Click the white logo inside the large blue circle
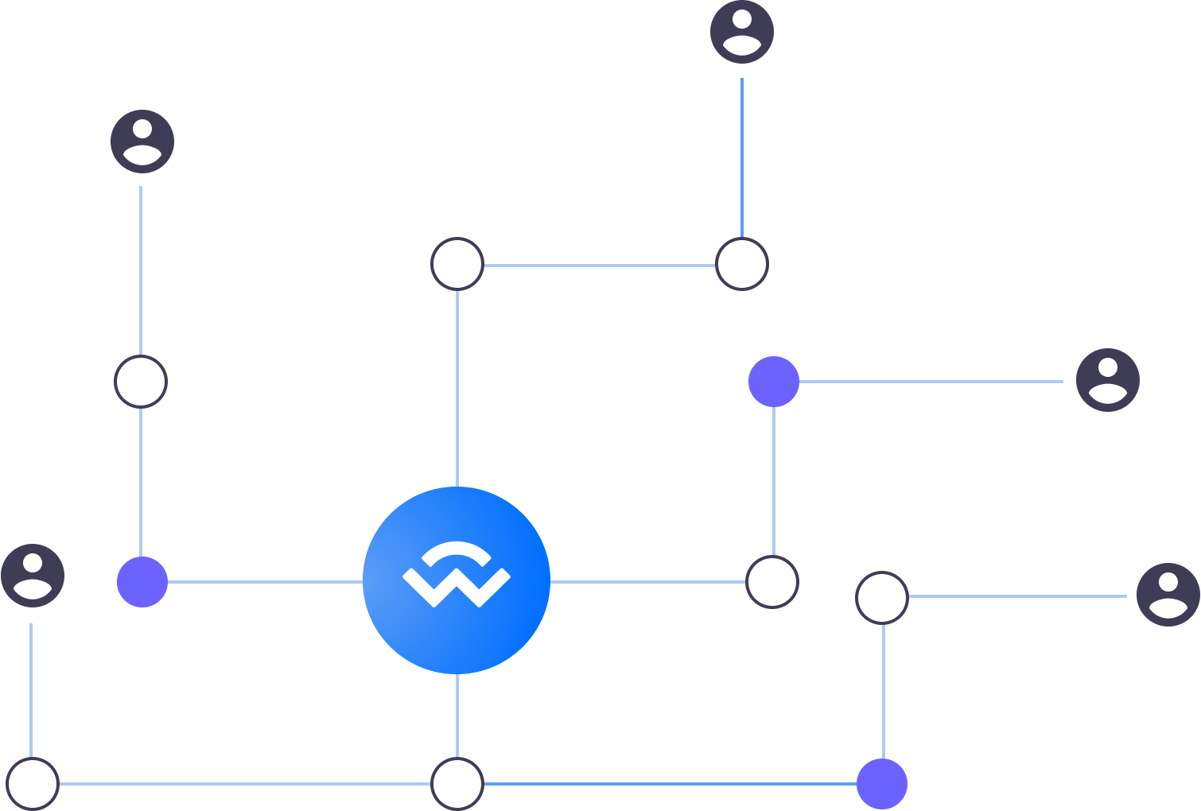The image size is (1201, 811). click(457, 574)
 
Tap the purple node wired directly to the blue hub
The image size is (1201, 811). click(142, 582)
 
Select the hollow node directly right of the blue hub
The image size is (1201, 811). click(772, 582)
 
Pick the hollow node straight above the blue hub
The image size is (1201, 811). click(457, 264)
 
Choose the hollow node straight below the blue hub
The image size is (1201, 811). click(457, 784)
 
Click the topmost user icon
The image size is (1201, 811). click(742, 32)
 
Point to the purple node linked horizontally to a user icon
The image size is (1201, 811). click(774, 382)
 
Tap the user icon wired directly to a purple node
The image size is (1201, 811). click(1107, 380)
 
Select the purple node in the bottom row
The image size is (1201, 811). click(882, 784)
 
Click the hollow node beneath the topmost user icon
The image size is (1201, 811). click(742, 264)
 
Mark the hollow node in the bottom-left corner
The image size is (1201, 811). click(33, 784)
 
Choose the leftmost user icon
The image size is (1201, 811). click(33, 576)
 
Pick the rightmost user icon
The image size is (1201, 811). click(1168, 595)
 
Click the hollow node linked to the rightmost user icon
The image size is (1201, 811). click(882, 597)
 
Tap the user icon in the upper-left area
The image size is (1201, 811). click(142, 142)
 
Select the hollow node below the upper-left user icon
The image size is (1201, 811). click(141, 382)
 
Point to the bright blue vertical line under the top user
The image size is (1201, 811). click(742, 159)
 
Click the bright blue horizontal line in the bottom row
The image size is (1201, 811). click(668, 784)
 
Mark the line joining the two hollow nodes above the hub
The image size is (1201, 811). click(600, 265)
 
